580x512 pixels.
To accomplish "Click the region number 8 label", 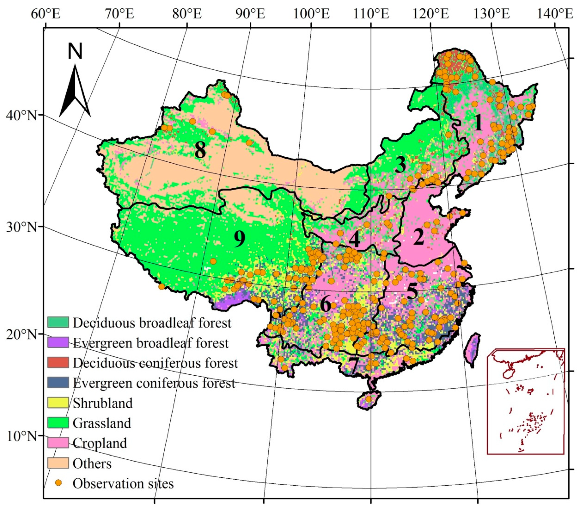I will pos(200,150).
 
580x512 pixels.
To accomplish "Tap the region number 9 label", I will pos(239,239).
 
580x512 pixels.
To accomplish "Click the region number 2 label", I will pos(419,237).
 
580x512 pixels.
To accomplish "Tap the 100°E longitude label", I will pos(311,14).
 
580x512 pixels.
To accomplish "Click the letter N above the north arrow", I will pos(75,51).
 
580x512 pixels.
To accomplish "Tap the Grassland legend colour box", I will pos(58,423).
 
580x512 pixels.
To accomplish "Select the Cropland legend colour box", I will pos(58,443).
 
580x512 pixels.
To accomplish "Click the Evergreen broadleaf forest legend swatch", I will pos(58,343).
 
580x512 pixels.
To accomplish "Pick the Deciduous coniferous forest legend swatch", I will pos(58,362).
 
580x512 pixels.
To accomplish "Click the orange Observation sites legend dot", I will pos(58,483).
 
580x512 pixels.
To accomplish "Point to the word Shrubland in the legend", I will pos(103,403).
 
